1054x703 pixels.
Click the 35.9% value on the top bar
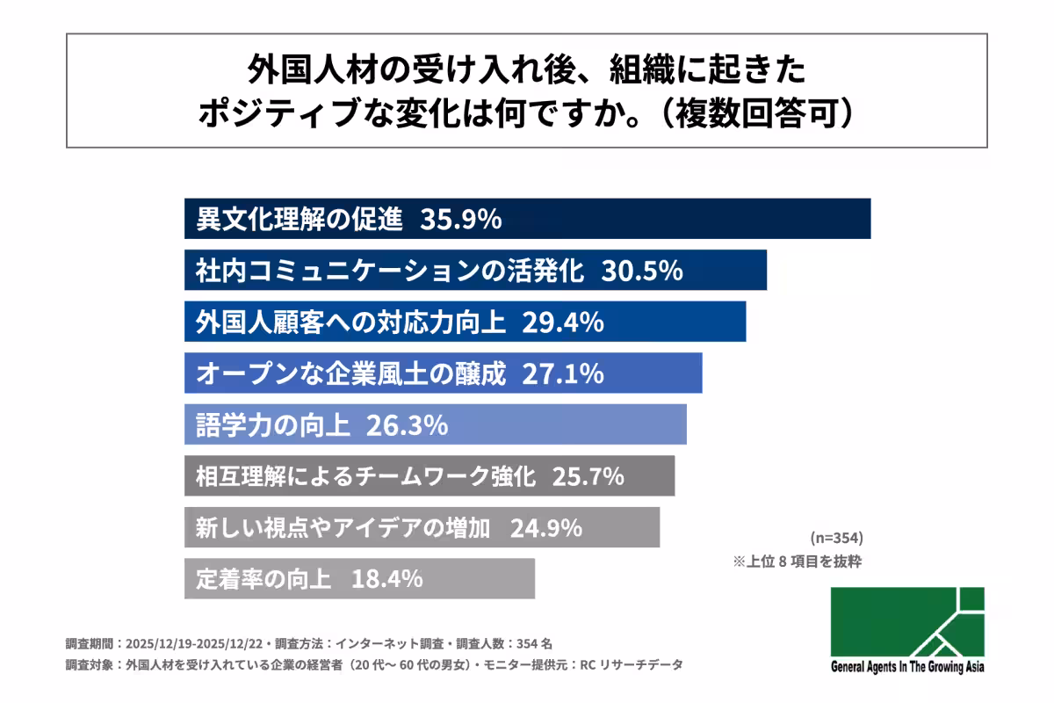pyautogui.click(x=460, y=219)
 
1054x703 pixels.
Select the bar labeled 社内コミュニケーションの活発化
pyautogui.click(x=475, y=271)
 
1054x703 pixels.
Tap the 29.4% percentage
pyautogui.click(x=562, y=323)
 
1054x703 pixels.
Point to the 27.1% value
pyautogui.click(x=562, y=374)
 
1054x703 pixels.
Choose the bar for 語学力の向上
pyautogui.click(x=435, y=426)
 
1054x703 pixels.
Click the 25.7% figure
pyautogui.click(x=588, y=477)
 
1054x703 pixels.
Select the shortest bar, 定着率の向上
pyautogui.click(x=359, y=579)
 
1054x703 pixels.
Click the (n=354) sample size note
pyautogui.click(x=836, y=538)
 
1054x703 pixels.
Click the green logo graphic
pyautogui.click(x=907, y=621)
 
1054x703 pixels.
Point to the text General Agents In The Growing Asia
pyautogui.click(x=907, y=667)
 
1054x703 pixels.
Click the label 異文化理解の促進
pyautogui.click(x=300, y=219)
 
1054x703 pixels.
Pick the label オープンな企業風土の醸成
pyautogui.click(x=351, y=374)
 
